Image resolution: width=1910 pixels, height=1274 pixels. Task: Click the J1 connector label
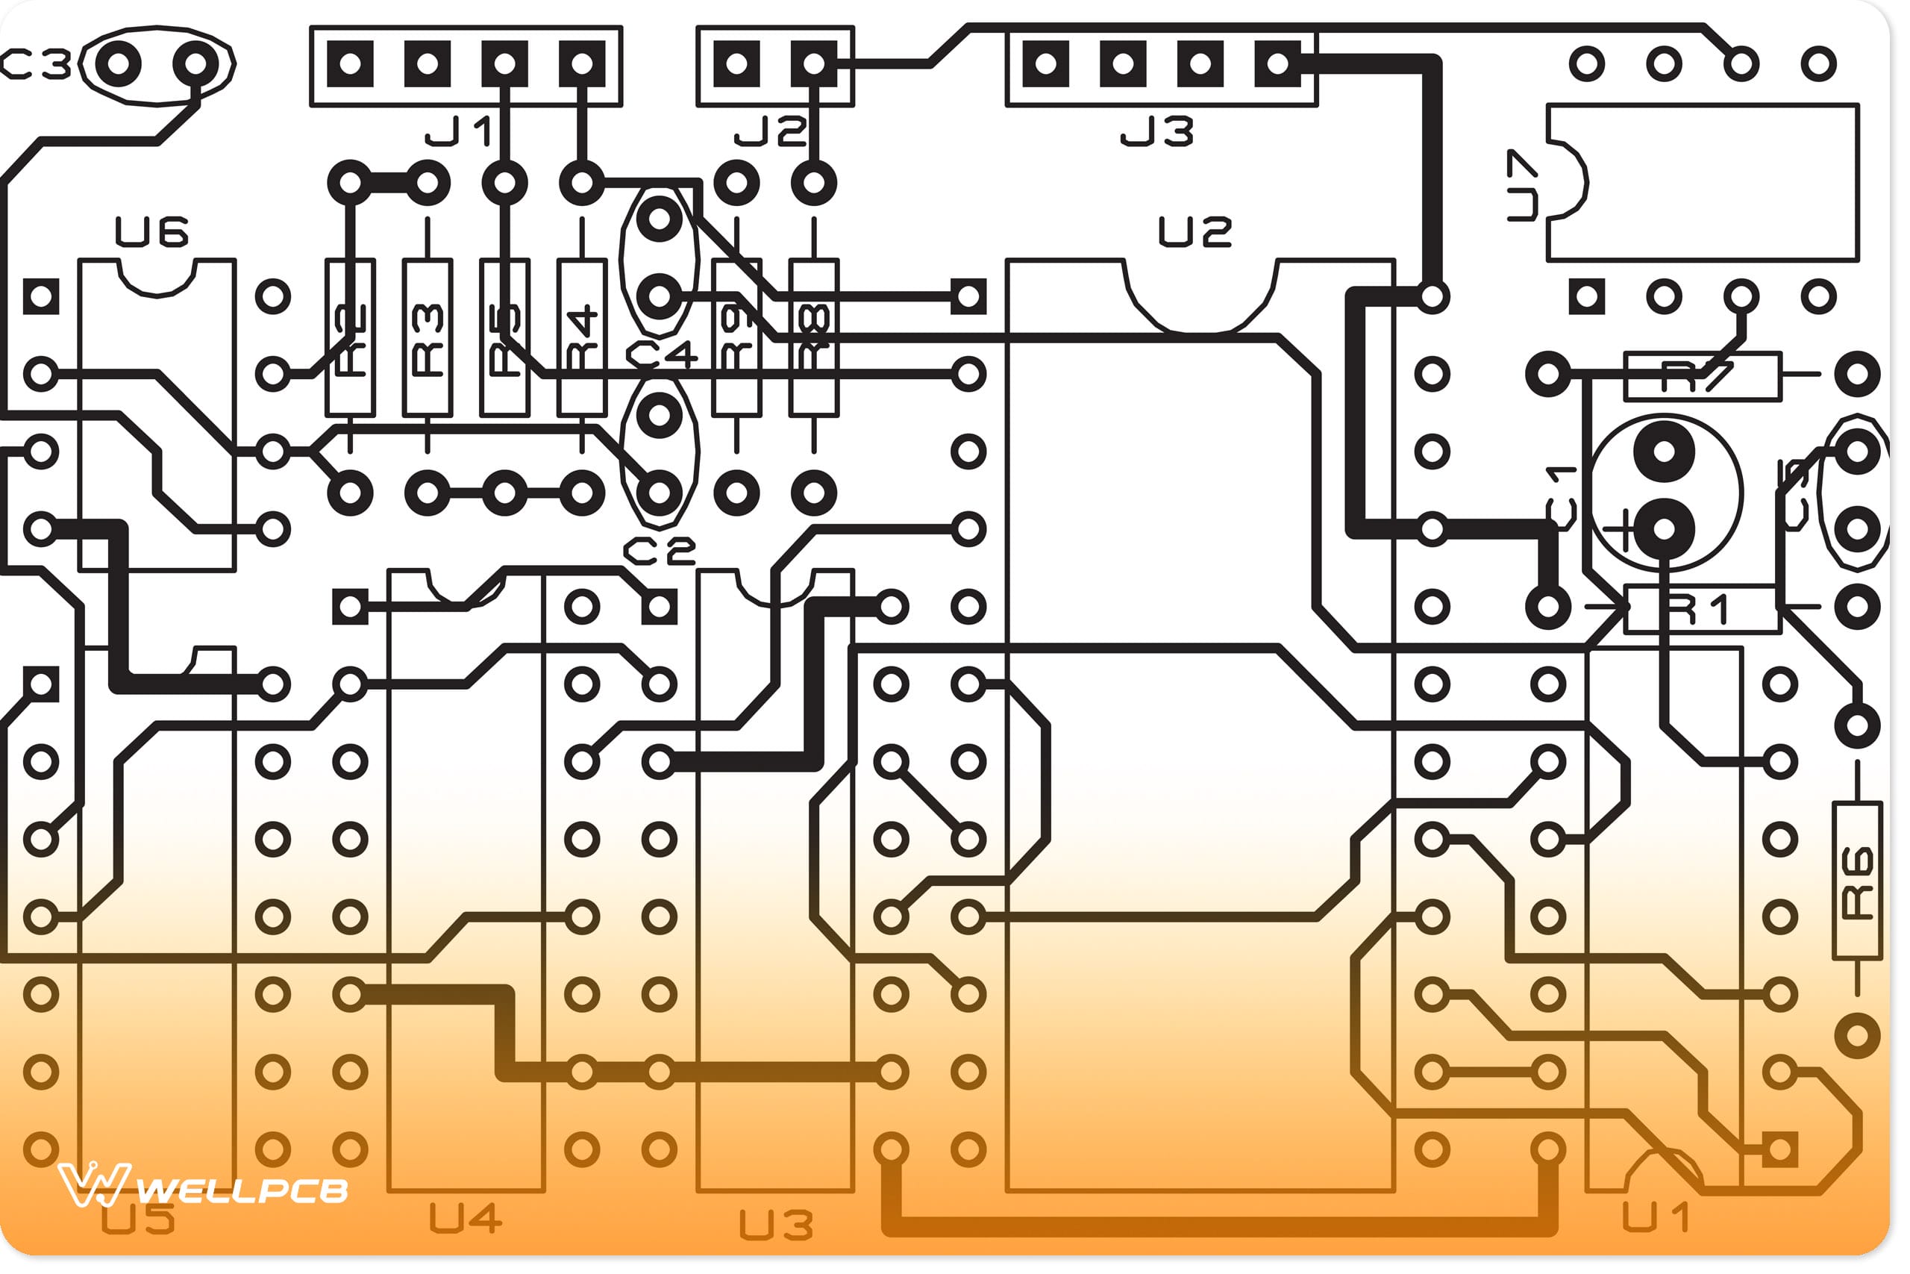pyautogui.click(x=459, y=131)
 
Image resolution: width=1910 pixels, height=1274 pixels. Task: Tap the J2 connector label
pyautogui.click(x=771, y=131)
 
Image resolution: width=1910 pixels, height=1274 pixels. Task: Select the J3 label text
pyautogui.click(x=1158, y=131)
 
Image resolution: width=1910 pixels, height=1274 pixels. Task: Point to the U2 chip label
pyautogui.click(x=1195, y=232)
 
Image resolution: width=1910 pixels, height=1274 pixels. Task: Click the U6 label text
pyautogui.click(x=152, y=232)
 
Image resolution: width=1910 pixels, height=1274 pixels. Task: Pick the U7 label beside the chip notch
pyautogui.click(x=1522, y=185)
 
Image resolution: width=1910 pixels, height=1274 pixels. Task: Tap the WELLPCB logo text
pyautogui.click(x=242, y=1191)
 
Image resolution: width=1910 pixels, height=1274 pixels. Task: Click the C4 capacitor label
pyautogui.click(x=661, y=355)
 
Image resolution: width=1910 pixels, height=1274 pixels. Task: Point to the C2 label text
pyautogui.click(x=660, y=553)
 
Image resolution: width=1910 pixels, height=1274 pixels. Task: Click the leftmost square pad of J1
pyautogui.click(x=351, y=64)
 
